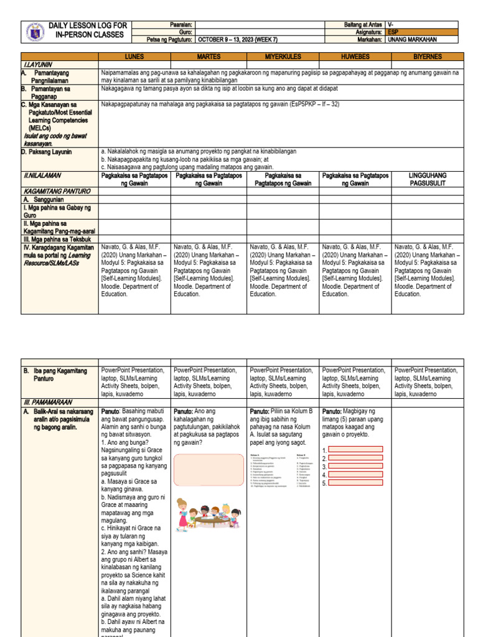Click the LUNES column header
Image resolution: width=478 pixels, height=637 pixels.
pyautogui.click(x=135, y=56)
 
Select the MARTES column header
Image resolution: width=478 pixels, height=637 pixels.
pyautogui.click(x=209, y=56)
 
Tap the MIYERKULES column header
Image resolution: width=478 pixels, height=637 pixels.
pyautogui.click(x=283, y=56)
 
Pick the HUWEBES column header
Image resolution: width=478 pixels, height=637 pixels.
pyautogui.click(x=355, y=56)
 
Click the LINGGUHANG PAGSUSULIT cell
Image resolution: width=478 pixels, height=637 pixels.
pyautogui.click(x=428, y=179)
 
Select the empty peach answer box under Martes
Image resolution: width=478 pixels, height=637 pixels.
pyautogui.click(x=209, y=468)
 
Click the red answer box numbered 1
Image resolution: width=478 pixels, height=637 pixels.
pyautogui.click(x=355, y=449)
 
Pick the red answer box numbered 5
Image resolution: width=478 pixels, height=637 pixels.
pyautogui.click(x=355, y=482)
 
